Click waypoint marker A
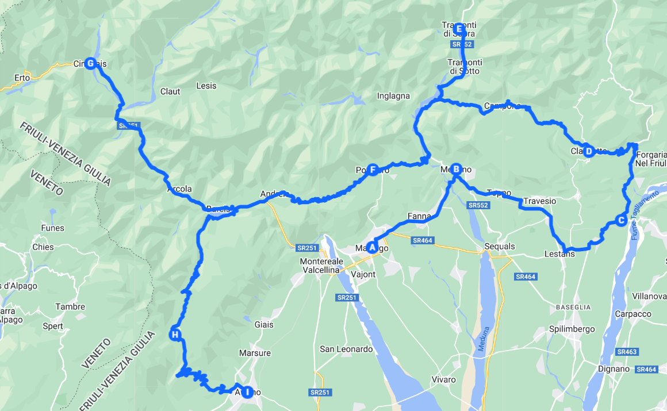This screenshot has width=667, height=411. (x=372, y=247)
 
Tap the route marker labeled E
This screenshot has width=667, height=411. (x=458, y=29)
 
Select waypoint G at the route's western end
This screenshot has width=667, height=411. (x=90, y=63)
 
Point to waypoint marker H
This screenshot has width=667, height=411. (x=175, y=335)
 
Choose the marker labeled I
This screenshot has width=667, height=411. (x=247, y=392)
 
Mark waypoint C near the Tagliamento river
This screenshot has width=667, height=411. (x=620, y=220)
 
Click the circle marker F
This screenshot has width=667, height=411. (x=373, y=170)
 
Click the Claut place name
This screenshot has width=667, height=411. (x=170, y=91)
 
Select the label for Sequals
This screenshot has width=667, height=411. (x=500, y=247)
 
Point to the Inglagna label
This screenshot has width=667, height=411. (x=393, y=96)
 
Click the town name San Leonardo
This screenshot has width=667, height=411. (x=347, y=349)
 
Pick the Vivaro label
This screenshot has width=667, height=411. (x=443, y=379)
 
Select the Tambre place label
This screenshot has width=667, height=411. (x=71, y=307)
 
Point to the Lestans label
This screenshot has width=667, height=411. (x=559, y=253)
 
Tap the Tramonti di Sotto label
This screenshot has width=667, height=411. (x=465, y=66)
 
